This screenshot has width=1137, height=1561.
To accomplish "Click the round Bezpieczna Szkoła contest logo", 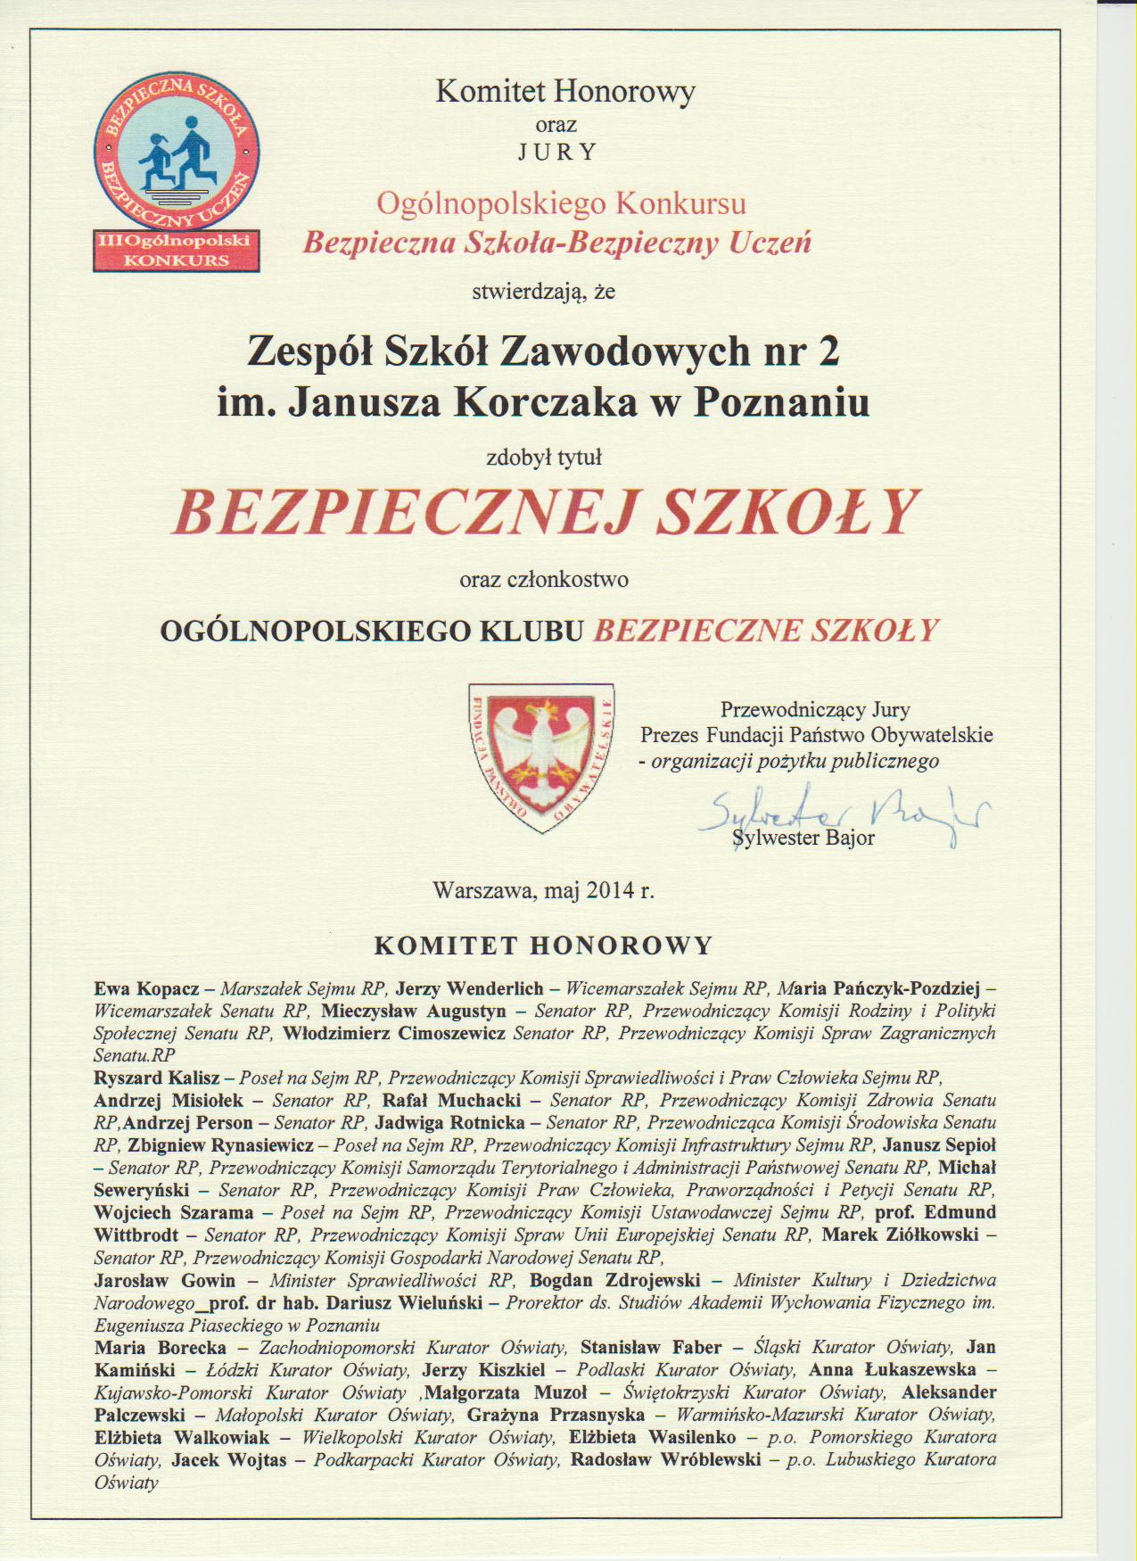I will pyautogui.click(x=177, y=153).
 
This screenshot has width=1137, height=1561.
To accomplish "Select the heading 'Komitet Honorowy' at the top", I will pyautogui.click(x=564, y=92).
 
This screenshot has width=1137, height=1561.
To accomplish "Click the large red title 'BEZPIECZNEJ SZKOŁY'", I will pyautogui.click(x=545, y=511).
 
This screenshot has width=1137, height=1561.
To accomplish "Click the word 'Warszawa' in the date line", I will pyautogui.click(x=482, y=890).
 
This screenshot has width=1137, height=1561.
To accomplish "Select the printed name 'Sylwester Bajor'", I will pyautogui.click(x=803, y=838).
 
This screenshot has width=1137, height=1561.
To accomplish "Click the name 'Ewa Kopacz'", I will pyautogui.click(x=146, y=989).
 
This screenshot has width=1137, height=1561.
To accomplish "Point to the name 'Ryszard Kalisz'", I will pyautogui.click(x=157, y=1078).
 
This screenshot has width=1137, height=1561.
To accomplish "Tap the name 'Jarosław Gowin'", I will pyautogui.click(x=165, y=1281).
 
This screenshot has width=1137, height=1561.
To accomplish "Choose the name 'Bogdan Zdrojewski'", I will pyautogui.click(x=615, y=1281).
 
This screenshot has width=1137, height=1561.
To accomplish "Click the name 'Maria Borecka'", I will pyautogui.click(x=161, y=1348).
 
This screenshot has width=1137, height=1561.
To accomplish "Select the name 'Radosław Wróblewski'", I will pyautogui.click(x=665, y=1460).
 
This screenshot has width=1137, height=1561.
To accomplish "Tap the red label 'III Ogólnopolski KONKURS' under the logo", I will pyautogui.click(x=177, y=251).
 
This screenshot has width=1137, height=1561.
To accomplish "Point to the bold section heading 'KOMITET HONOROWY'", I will pyautogui.click(x=544, y=946).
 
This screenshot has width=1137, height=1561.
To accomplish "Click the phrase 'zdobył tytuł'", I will pyautogui.click(x=544, y=458).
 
